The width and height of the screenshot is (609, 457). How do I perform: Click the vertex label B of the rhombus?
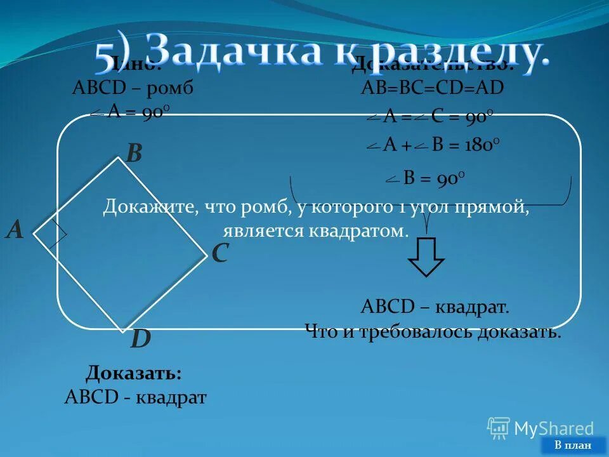coord(134,153)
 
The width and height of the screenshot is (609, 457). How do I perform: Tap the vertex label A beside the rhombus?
coord(15,230)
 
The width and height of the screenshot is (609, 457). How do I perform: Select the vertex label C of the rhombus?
coord(219,254)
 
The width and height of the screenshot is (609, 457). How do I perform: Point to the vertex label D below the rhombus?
coord(140,340)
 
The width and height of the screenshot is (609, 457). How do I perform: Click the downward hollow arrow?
coord(426,256)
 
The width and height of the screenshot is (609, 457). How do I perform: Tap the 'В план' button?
coord(572,445)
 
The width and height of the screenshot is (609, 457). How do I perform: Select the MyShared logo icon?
coord(499,428)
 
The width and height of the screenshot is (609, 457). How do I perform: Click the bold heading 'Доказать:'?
coord(134,372)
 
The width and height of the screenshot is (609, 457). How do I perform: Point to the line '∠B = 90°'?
coord(426,179)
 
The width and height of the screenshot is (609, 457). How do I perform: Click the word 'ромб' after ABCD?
coord(169,88)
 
